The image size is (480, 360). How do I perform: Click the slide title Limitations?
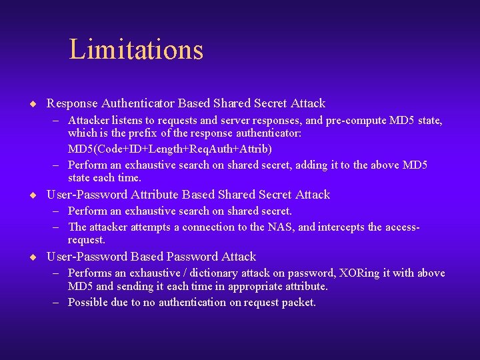136,49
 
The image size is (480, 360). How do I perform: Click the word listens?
130,121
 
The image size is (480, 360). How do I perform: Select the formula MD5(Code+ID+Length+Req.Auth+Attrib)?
170,148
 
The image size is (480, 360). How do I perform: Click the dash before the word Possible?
58,303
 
